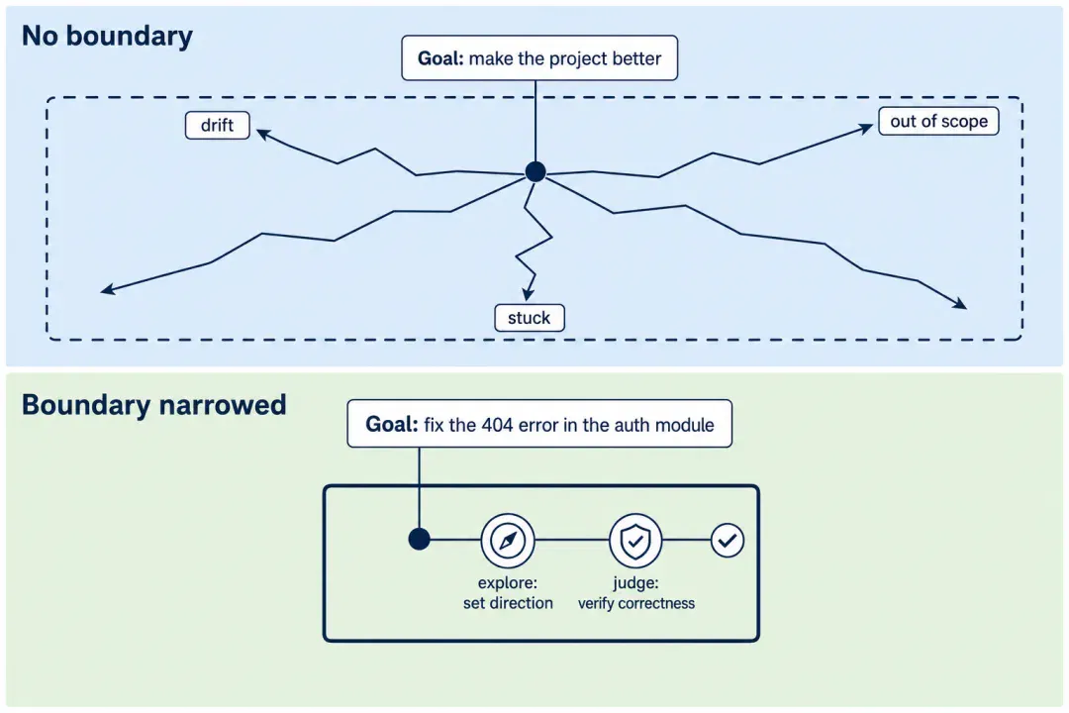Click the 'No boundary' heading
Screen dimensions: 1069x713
[107, 37]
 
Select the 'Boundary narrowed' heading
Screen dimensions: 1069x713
[154, 405]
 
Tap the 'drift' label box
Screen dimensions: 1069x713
[218, 125]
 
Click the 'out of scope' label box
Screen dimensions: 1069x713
[938, 121]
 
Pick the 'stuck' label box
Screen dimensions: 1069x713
[529, 317]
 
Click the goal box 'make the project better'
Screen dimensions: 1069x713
[539, 58]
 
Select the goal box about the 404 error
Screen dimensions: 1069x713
[539, 424]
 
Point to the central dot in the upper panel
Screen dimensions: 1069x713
[535, 171]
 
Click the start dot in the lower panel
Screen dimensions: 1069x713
[420, 539]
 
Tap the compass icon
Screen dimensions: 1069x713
[508, 541]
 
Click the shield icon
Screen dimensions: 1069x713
[635, 541]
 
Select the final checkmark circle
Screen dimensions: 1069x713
[728, 541]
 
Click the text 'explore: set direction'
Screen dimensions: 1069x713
[508, 592]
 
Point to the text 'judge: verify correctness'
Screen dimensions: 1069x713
[636, 592]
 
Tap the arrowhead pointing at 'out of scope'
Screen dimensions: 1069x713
[866, 127]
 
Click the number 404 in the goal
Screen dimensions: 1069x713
[497, 425]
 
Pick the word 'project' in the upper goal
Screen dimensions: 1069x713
[576, 59]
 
